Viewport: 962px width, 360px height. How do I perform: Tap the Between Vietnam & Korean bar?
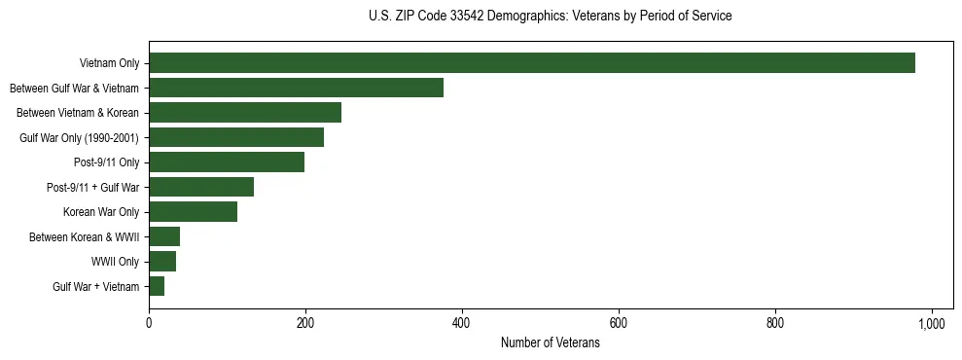click(x=245, y=113)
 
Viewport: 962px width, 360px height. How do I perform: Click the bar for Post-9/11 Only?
click(x=227, y=162)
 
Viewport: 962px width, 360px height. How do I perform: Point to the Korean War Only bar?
click(x=193, y=212)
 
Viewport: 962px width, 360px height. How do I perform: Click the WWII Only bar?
click(x=162, y=262)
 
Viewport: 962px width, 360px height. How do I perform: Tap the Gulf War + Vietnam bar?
click(x=157, y=286)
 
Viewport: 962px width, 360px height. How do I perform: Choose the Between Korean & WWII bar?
click(x=164, y=236)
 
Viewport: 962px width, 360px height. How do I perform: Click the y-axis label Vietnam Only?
click(x=109, y=63)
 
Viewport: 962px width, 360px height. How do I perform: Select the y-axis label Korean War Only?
click(x=101, y=212)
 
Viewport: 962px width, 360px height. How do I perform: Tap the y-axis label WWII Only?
click(x=116, y=262)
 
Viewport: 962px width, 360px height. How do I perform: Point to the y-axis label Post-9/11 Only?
click(x=107, y=162)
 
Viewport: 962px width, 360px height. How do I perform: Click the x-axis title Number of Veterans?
click(x=550, y=343)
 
